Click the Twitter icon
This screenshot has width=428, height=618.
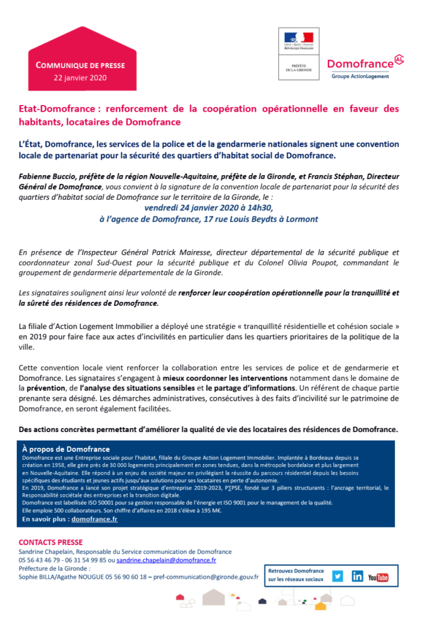(337, 576)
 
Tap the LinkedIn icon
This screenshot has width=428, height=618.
(357, 576)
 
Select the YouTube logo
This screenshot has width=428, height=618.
(378, 576)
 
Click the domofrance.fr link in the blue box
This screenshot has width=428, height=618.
(94, 518)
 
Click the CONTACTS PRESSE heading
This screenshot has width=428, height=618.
(51, 542)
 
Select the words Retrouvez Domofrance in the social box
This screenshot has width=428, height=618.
(296, 571)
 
